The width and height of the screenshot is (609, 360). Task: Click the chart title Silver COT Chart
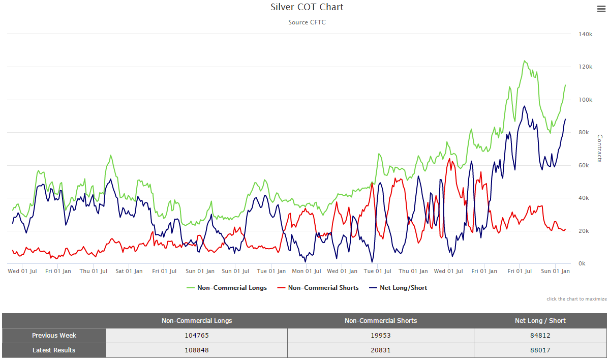307,7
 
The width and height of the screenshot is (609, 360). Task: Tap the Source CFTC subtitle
307,22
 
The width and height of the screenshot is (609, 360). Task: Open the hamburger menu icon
600,9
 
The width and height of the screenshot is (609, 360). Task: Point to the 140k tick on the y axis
586,34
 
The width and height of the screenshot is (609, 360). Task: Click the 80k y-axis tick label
586,133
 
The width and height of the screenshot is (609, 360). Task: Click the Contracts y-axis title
600,148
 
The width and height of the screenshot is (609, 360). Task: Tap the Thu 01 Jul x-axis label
94,272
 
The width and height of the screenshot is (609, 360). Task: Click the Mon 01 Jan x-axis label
306,272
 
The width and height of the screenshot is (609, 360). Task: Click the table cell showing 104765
197,336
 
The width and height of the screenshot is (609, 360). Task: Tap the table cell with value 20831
380,350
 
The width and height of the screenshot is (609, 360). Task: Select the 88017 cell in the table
540,350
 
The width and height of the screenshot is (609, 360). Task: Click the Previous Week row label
54,336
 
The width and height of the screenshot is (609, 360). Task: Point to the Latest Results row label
54,350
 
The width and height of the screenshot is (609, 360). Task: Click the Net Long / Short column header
540,321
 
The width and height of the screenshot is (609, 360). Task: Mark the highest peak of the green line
524,61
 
